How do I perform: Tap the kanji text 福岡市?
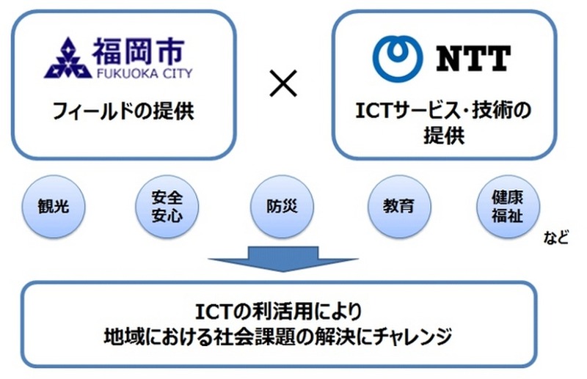point(139,51)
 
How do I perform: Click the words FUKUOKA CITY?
point(145,73)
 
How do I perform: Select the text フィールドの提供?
point(123,111)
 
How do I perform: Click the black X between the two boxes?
point(283,84)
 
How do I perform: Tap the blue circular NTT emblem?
point(398,59)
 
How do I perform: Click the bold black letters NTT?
point(473,59)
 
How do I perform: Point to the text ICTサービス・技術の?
point(443,111)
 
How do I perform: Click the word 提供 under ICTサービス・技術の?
point(444,135)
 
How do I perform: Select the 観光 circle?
point(54,206)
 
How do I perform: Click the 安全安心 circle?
point(167,206)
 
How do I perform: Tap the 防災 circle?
point(282,206)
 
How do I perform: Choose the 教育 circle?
point(398,206)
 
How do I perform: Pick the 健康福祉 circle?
point(508,206)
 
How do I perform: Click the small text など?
point(556,238)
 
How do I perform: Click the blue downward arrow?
point(283,259)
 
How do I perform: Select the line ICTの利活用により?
point(279,312)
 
